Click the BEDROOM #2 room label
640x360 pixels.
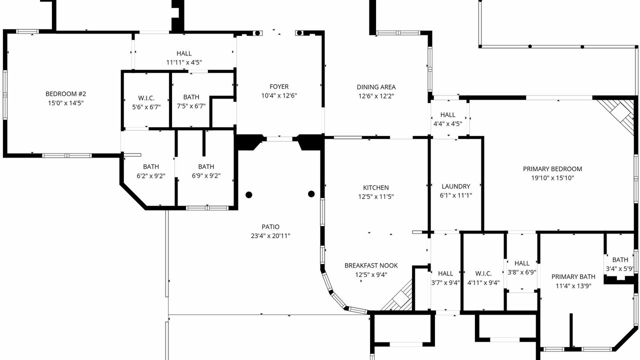(65, 93)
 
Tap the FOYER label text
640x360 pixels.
(279, 86)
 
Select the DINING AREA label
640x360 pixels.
(376, 87)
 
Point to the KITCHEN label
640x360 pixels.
(375, 187)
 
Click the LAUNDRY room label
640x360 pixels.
(455, 186)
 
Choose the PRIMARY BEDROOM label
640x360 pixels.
(552, 169)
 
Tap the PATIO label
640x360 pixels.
(270, 227)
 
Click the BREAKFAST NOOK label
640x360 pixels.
(371, 265)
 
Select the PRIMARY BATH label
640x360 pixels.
(573, 276)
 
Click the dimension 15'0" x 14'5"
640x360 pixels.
(65, 103)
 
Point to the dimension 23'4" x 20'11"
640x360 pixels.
(270, 235)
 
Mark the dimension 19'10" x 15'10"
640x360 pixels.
(552, 177)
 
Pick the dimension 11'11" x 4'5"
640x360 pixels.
(184, 62)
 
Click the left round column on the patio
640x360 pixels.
(249, 195)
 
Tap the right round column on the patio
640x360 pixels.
(311, 194)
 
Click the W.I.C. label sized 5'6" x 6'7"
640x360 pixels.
(146, 98)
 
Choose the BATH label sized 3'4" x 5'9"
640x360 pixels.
(620, 259)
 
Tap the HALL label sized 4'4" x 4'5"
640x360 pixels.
(447, 114)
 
